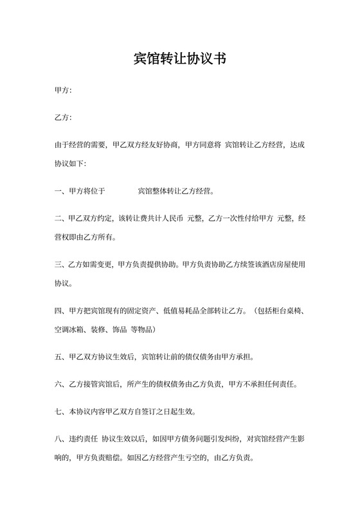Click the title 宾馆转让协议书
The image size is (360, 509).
tap(179, 58)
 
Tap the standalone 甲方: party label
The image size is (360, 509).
tap(63, 91)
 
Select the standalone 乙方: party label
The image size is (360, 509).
tap(63, 118)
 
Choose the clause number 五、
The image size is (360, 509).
tap(59, 356)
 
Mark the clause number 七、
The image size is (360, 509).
tap(59, 411)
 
